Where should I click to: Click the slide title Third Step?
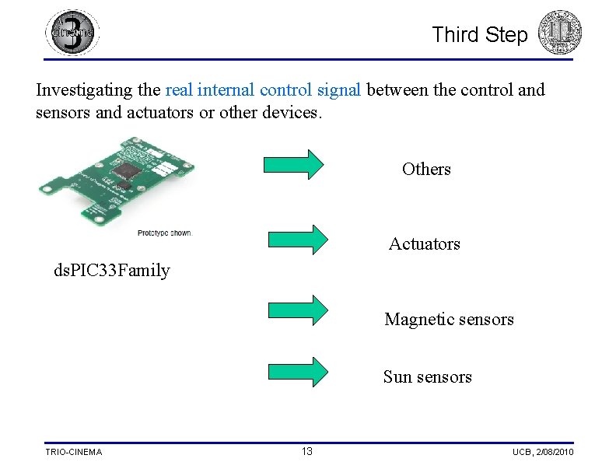point(479,35)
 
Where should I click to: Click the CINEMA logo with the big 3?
point(72,33)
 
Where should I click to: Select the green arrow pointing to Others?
point(294,164)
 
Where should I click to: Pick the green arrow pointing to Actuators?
point(298,240)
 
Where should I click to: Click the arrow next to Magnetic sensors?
point(298,310)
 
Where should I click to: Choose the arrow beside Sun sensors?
point(298,372)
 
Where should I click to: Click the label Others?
point(426,169)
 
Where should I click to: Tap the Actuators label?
point(424,244)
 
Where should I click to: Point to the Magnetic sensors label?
point(449,320)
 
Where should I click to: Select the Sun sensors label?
point(427,377)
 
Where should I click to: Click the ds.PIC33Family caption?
point(111,271)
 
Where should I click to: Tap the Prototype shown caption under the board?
point(163,233)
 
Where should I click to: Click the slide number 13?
point(307,451)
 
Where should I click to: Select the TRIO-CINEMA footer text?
point(73,452)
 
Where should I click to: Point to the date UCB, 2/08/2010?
point(543,452)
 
